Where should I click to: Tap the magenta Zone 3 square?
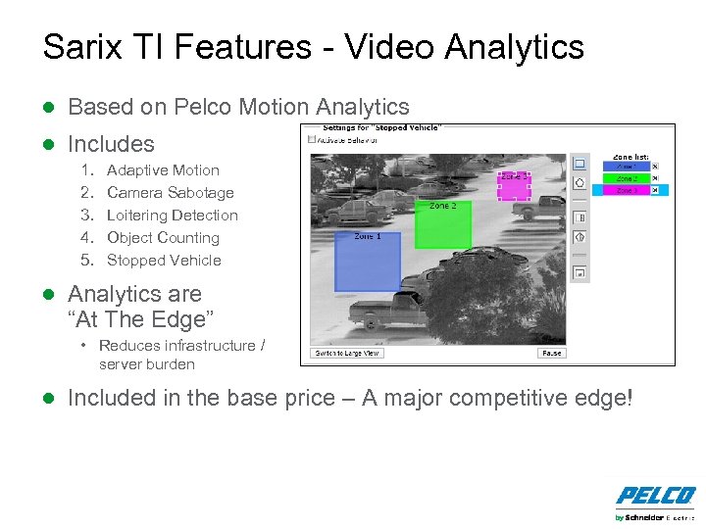(513, 185)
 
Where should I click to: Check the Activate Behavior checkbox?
(312, 139)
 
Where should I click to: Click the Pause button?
(551, 353)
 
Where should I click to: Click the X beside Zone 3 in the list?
(655, 190)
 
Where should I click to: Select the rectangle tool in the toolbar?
(580, 164)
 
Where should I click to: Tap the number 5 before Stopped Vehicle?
(86, 261)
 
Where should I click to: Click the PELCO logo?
(656, 497)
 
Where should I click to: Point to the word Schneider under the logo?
(645, 517)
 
